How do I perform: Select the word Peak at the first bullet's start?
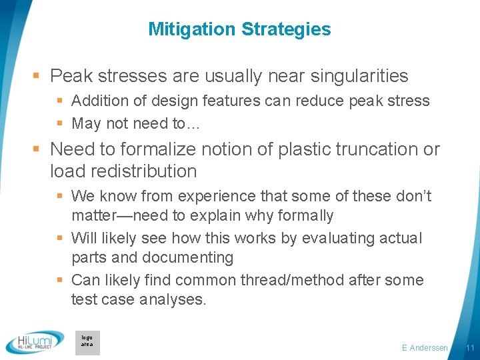point(70,77)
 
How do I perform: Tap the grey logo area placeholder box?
point(87,342)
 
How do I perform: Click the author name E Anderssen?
point(425,348)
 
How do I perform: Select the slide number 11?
point(470,348)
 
